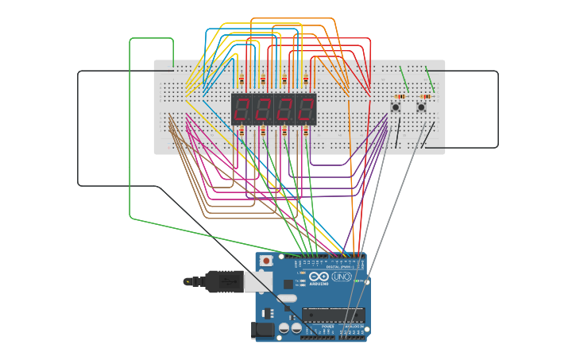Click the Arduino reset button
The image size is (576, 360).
point(266,260)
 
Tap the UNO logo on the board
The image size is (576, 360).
point(341,277)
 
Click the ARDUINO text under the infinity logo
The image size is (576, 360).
point(319,284)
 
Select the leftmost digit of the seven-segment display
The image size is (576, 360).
point(242,109)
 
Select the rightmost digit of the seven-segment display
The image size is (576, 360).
point(306,109)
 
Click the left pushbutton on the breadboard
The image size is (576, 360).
point(396,106)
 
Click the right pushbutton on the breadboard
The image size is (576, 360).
point(421,106)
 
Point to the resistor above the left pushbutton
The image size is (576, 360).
point(400,96)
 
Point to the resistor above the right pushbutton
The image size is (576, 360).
point(426,96)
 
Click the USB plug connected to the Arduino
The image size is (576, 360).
point(225,281)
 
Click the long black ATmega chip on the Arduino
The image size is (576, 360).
point(333,315)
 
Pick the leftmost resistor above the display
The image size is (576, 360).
point(242,79)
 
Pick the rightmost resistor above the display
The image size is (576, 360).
point(305,79)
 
